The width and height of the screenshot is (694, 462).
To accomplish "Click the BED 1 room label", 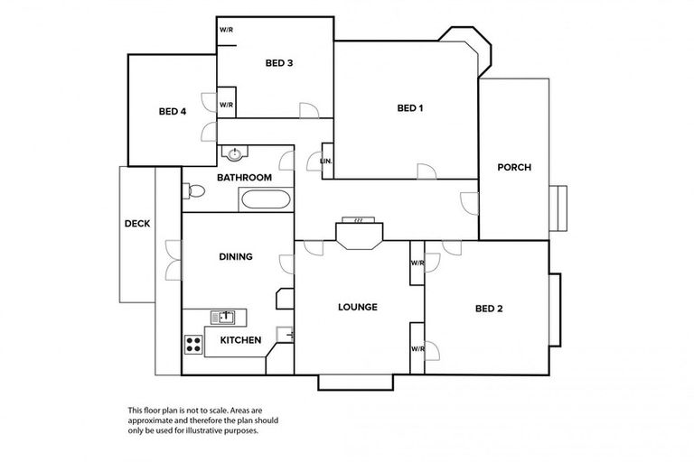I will (410, 108).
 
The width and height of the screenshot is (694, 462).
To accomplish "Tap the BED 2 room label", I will (488, 309).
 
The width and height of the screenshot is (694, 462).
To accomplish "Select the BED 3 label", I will (278, 63).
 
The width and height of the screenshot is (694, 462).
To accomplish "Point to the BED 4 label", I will (172, 112).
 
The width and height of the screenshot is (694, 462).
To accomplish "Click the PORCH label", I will (514, 167).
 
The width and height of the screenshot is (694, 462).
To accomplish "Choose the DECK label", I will (137, 224).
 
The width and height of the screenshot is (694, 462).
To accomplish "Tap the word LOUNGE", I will (358, 307).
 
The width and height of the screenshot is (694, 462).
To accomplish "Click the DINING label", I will (236, 256).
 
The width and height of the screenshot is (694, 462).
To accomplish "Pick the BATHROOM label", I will (244, 178).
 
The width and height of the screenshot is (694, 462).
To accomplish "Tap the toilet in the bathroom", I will (192, 191).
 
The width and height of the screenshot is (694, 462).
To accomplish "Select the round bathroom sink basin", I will (236, 154).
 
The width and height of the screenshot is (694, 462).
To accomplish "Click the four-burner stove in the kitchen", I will (193, 343).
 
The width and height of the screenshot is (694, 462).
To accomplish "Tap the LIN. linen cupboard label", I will (326, 162).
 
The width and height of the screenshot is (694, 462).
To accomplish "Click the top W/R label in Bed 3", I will (226, 30).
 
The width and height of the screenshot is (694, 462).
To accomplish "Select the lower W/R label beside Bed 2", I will (417, 348).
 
